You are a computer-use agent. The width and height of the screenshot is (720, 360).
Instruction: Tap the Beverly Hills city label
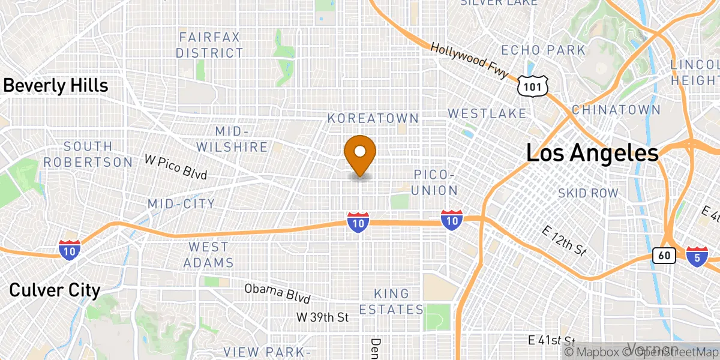point(55,86)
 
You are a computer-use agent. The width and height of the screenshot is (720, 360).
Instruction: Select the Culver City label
point(55,290)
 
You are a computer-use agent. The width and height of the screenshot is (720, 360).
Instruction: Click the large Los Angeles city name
point(592,154)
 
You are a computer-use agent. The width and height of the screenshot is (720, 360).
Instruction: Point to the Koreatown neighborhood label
point(373,119)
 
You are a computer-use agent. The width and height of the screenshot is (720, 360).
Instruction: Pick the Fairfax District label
point(209,45)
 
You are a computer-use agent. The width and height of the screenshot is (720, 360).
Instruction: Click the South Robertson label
point(88,154)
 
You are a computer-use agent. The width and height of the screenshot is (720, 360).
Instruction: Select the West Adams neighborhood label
point(208,254)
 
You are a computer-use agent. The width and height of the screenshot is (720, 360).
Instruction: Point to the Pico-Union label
point(436,182)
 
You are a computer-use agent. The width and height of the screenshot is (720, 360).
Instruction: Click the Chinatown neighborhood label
point(616,110)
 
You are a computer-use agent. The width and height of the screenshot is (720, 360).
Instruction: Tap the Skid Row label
point(587,193)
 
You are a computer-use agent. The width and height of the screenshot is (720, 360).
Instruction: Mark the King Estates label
point(391,302)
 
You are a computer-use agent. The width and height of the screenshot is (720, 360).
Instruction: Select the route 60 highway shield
point(664,256)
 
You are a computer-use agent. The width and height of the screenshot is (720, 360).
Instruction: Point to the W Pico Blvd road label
point(176,167)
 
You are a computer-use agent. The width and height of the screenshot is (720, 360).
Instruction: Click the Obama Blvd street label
point(277,293)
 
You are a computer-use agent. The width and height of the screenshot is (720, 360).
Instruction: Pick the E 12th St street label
point(563,242)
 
